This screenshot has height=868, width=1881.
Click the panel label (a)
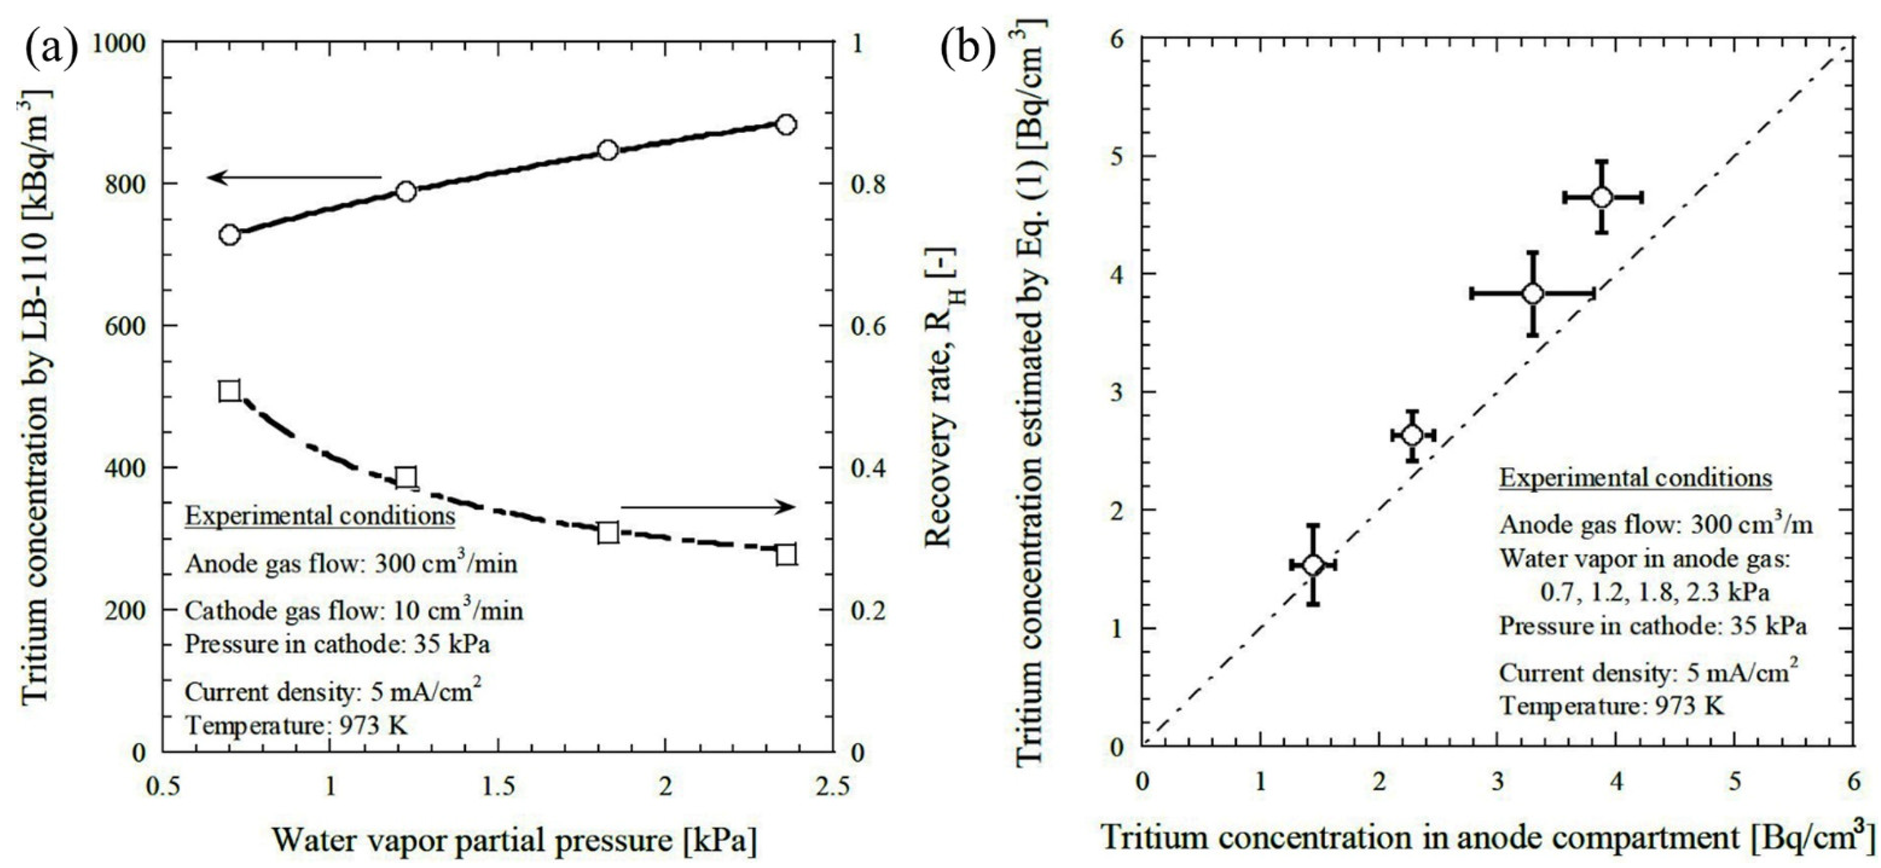tap(51, 49)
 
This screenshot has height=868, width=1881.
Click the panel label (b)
tap(967, 49)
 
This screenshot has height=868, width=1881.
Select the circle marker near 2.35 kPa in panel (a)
tap(786, 124)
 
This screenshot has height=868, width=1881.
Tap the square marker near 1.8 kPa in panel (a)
tap(607, 532)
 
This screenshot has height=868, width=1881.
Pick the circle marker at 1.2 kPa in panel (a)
tap(406, 191)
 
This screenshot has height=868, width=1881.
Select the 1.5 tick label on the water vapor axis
tap(497, 787)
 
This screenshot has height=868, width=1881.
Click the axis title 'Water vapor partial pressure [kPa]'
tap(515, 840)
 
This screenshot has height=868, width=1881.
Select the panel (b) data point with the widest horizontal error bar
tap(1533, 293)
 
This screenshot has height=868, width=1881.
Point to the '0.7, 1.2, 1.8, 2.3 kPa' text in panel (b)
tap(1654, 592)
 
